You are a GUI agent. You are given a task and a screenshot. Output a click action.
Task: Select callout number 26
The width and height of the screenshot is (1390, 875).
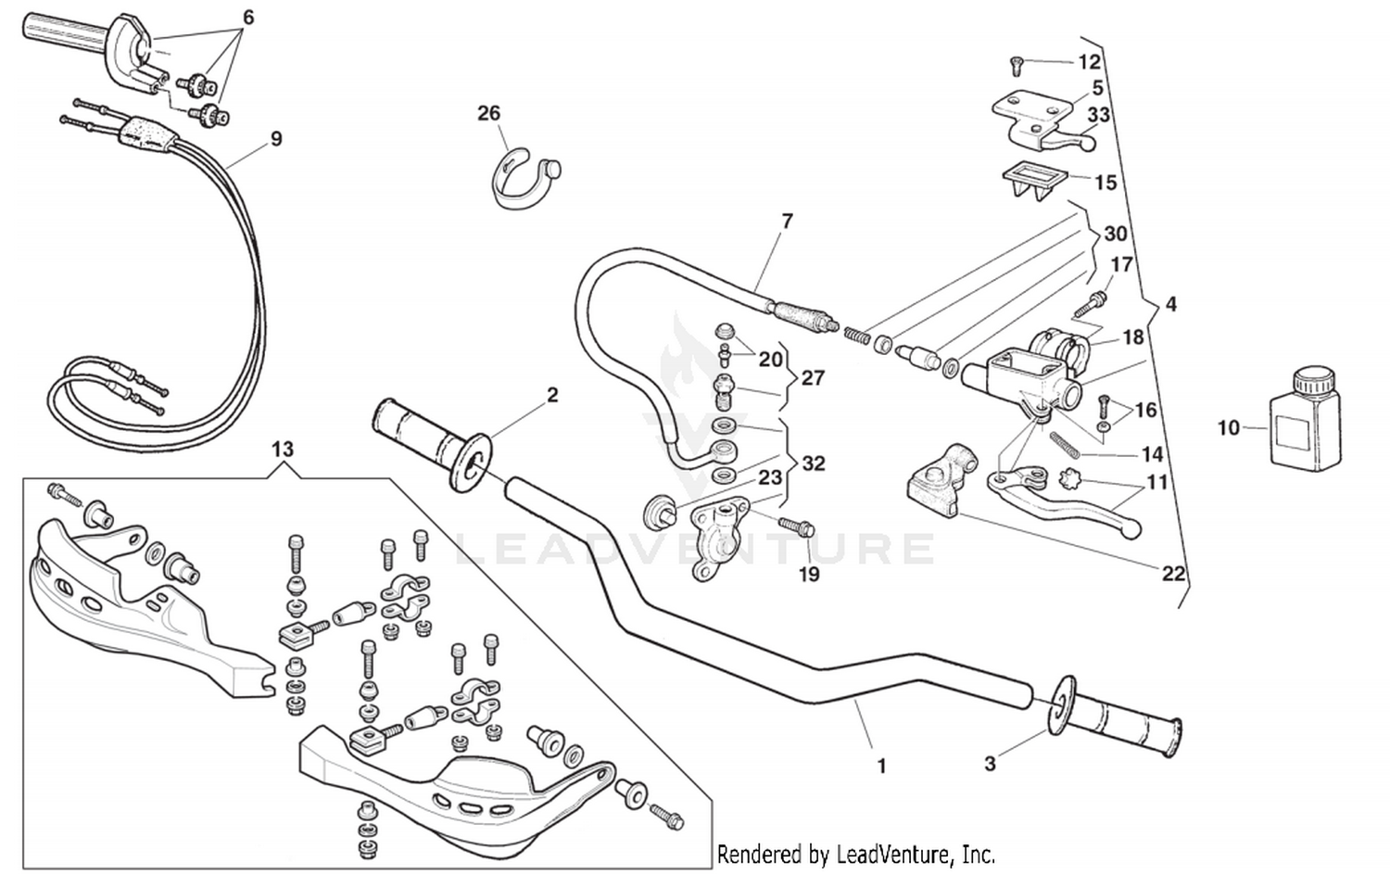pos(488,113)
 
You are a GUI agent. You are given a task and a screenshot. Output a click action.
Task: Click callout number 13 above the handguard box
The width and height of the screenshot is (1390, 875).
pos(282,450)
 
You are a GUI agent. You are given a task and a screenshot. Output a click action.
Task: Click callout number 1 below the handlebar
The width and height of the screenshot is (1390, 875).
pos(881,766)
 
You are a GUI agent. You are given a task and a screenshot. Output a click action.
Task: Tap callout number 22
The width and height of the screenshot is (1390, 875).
pos(1173,574)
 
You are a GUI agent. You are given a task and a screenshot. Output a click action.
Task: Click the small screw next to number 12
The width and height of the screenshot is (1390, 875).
pos(1015,65)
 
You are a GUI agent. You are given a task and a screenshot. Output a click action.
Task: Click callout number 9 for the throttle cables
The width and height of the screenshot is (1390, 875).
pos(276,139)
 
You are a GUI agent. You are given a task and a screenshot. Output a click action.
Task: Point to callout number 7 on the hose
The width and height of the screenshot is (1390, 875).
pos(787,222)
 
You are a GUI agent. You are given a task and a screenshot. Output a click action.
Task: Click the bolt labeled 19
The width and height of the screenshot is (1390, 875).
pos(796,527)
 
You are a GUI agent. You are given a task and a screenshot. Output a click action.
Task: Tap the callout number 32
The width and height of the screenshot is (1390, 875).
pos(813,463)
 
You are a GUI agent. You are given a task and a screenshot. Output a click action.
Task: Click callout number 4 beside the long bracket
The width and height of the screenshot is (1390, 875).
pos(1170,304)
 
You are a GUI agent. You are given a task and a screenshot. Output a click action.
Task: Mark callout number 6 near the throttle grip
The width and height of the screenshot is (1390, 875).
pos(247,18)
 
